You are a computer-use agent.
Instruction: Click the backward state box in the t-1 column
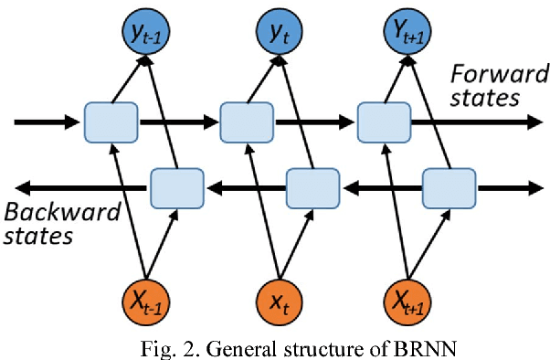[x=176, y=187]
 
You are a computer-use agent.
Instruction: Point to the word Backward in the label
[x=62, y=213]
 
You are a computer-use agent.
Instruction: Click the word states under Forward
[x=488, y=97]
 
